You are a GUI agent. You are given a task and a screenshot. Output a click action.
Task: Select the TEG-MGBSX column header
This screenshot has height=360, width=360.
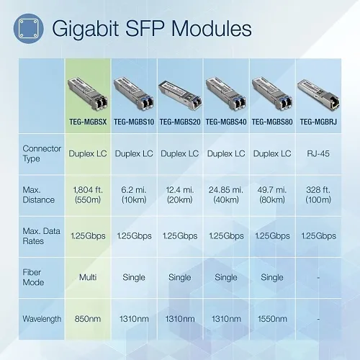pos(89,122)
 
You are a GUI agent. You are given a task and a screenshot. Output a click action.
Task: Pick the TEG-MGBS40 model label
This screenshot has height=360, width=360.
pos(225,122)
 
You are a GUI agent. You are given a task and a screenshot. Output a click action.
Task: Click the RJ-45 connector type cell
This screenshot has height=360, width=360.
pos(318,153)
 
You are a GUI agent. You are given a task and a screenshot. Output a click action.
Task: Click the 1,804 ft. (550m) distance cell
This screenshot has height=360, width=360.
pos(89,194)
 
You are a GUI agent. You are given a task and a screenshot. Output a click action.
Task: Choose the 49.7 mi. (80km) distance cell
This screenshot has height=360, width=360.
pos(271,194)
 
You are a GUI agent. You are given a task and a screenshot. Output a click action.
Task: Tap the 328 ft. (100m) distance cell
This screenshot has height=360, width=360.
pos(318,194)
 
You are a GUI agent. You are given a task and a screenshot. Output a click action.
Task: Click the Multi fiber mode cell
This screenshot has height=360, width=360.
pos(89,276)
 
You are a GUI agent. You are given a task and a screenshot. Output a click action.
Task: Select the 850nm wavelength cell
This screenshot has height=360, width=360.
pos(89,318)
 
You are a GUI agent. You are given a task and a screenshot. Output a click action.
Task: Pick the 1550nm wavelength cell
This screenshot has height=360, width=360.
pos(271,318)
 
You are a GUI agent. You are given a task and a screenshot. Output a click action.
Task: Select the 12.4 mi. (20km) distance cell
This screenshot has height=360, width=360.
pos(179,194)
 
